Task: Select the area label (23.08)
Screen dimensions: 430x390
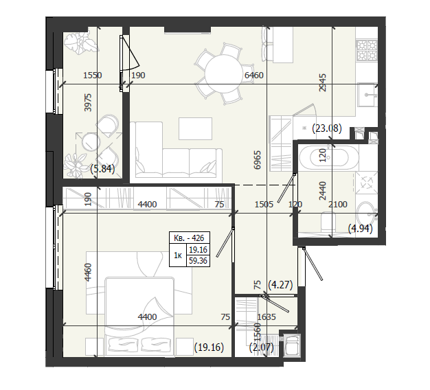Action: click(x=327, y=128)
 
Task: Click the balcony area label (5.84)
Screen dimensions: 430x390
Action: click(x=102, y=168)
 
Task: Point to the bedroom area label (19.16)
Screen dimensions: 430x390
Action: click(x=209, y=347)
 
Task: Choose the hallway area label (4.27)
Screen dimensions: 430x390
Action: click(x=280, y=284)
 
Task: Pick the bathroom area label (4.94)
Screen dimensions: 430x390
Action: click(x=361, y=228)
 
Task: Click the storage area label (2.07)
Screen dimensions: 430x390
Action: click(x=261, y=347)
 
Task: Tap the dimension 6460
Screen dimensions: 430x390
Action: click(x=253, y=75)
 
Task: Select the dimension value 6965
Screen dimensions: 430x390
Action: click(x=257, y=160)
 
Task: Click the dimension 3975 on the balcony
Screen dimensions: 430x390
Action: click(x=88, y=102)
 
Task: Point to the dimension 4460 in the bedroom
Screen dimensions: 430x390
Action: click(x=88, y=272)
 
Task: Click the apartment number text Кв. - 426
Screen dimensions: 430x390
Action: click(x=189, y=238)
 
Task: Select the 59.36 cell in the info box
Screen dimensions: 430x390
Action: click(x=198, y=260)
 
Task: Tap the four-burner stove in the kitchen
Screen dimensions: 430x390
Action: click(x=367, y=50)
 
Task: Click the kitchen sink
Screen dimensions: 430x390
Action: click(x=367, y=95)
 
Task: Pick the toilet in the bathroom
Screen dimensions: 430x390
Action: click(x=328, y=221)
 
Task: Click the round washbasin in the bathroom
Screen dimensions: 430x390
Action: click(x=366, y=214)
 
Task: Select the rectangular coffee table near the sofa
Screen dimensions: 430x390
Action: click(x=195, y=128)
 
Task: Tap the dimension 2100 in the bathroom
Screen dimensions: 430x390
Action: click(x=337, y=204)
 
